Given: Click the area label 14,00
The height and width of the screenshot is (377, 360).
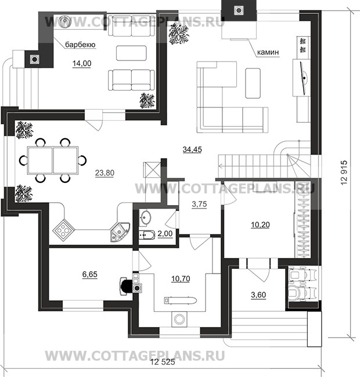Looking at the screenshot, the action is pos(82,63).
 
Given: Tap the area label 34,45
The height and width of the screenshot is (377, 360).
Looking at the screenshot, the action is pos(192,149).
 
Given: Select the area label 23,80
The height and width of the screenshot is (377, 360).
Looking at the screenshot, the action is pos(105,173).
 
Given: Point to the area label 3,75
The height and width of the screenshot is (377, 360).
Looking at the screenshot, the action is pos(200,204).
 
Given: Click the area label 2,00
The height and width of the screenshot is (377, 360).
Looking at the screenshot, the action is pos(165,234).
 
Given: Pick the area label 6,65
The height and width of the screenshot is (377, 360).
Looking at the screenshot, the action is pos(90,274).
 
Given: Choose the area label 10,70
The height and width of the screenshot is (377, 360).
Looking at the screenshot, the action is pos(181,279).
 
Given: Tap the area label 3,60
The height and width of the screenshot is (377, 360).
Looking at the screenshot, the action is pos(258,295).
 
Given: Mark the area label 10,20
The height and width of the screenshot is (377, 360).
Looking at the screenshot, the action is pos(260,225).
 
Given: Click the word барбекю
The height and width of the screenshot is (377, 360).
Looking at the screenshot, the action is pos(80,45).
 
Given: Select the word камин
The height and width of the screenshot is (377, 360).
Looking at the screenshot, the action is pos(268,52).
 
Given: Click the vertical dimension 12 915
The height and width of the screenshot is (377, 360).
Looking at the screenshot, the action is pos(344,173).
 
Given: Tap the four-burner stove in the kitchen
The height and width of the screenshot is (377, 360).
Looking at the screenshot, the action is pos(63,230).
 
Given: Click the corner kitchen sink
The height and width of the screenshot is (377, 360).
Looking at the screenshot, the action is pos(120,232).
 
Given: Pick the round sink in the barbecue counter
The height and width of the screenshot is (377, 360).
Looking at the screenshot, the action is pos(65,21).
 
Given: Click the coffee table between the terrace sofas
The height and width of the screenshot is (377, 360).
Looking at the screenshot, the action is pos(131,53).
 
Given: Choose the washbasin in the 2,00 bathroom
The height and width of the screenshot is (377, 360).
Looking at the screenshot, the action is pos(145,218).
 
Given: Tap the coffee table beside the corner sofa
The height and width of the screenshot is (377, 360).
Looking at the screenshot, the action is pos(253,83).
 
